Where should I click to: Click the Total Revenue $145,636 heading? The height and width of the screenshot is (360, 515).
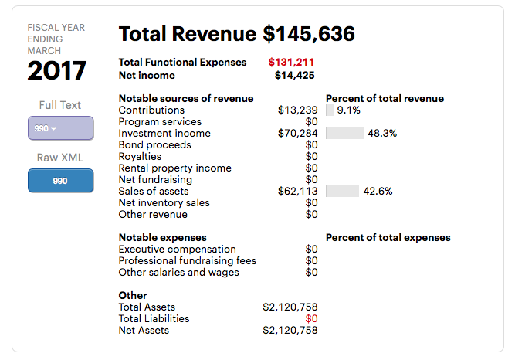pyautogui.click(x=236, y=34)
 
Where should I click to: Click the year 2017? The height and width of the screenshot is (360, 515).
pyautogui.click(x=57, y=71)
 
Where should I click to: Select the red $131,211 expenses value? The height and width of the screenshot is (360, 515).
pyautogui.click(x=291, y=63)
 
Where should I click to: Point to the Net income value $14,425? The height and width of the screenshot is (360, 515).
pyautogui.click(x=294, y=75)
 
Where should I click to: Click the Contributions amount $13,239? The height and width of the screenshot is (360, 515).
pyautogui.click(x=297, y=110)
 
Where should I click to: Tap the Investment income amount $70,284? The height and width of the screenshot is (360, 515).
pyautogui.click(x=297, y=134)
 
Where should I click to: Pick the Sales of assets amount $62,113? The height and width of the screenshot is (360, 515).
pyautogui.click(x=297, y=192)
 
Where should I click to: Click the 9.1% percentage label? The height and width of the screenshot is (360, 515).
pyautogui.click(x=349, y=110)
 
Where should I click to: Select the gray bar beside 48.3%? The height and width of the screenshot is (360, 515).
pyautogui.click(x=344, y=134)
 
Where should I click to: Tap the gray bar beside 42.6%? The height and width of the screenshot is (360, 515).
pyautogui.click(x=342, y=192)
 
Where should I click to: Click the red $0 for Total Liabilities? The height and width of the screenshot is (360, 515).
pyautogui.click(x=311, y=319)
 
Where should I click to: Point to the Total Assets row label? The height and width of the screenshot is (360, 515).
pyautogui.click(x=147, y=307)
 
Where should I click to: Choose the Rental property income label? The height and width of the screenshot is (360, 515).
pyautogui.click(x=174, y=168)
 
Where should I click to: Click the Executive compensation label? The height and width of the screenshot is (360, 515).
pyautogui.click(x=177, y=250)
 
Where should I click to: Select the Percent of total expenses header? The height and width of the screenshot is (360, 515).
pyautogui.click(x=388, y=238)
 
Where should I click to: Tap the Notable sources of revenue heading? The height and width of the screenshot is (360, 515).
pyautogui.click(x=185, y=99)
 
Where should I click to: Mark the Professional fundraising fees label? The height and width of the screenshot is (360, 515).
pyautogui.click(x=187, y=261)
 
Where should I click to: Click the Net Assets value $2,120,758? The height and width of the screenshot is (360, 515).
pyautogui.click(x=290, y=331)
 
